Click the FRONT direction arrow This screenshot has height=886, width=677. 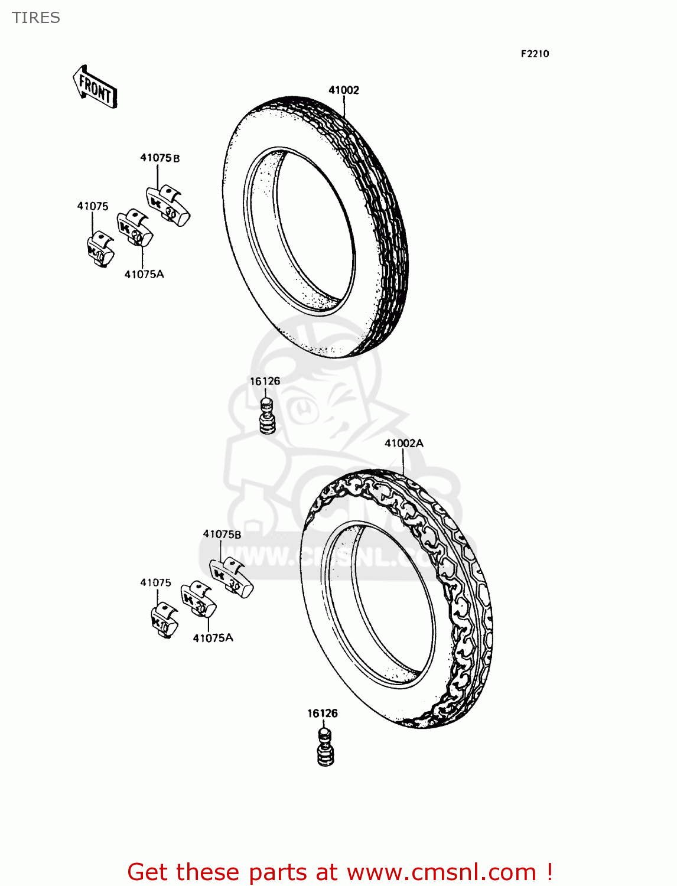pos(95,87)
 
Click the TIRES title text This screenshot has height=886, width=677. pos(36,18)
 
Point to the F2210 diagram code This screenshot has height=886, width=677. pos(535,54)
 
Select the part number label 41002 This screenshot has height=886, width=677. pos(343,90)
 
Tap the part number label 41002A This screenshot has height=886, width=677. pos(404,443)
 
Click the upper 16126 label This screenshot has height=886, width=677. pos(265,381)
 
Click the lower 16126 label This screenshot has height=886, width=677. pos(322,713)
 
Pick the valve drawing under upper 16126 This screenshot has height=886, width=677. pos(268,415)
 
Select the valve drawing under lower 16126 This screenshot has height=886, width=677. pos(325,747)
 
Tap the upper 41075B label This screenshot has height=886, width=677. pos(160,158)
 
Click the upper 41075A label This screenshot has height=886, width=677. pos(144,274)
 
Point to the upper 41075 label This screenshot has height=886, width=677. pos(93,206)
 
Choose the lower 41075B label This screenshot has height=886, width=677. pos(222,534)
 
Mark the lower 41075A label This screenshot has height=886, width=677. pos(213,638)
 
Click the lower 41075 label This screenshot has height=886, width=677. pos(155,582)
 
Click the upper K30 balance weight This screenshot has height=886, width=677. pos(168,206)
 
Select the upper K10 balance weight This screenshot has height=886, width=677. pos(100,249)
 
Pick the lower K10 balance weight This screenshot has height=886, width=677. pos(164,620)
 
